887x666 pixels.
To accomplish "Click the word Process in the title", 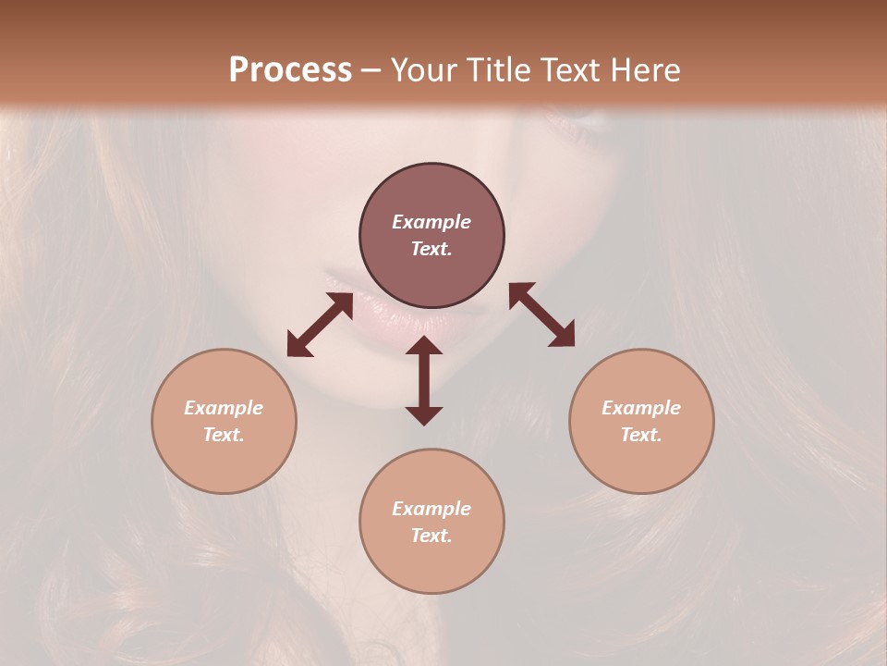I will coord(290,70).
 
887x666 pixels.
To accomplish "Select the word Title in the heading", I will coord(496,70).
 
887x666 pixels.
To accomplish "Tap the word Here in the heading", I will coord(644,70).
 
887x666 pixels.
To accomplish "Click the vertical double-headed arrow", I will coord(424,380).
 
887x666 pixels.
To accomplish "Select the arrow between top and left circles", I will coord(320,325).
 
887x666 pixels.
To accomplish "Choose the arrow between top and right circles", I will coord(541,314).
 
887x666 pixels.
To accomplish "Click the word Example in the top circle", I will coord(431,222).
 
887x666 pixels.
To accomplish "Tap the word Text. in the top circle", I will coord(431,249).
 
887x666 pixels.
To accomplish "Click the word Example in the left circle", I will coord(224,408).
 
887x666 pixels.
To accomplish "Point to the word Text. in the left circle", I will coord(224,435).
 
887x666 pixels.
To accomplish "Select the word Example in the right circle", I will coord(641,408).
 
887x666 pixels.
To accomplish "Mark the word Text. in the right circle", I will coord(641,435).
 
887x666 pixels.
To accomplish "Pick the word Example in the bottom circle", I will coord(431,509).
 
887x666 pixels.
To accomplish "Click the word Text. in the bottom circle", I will coord(431,536).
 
